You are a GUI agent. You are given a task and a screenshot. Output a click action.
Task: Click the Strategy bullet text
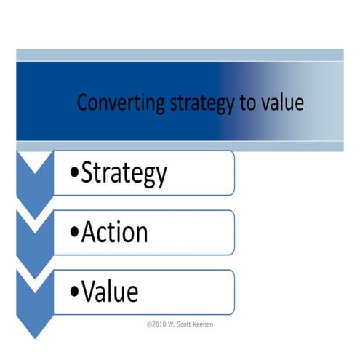(x=124, y=173)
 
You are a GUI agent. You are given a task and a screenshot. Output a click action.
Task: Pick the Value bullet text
(x=110, y=292)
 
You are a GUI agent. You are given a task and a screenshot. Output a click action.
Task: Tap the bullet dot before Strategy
(x=76, y=175)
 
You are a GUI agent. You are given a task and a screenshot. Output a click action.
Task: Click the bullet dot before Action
(x=76, y=235)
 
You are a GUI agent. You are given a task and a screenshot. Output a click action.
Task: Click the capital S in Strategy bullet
(x=88, y=173)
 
